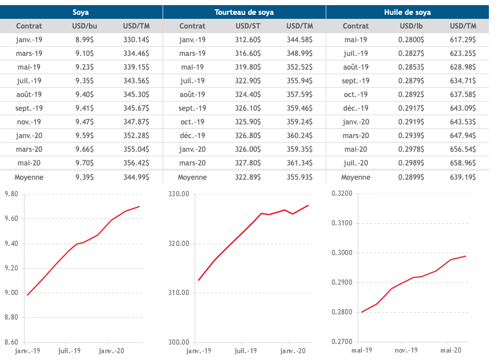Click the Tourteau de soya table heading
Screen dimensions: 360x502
point(244,12)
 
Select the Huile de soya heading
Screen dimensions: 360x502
point(407,12)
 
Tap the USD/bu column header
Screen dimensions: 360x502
point(84,26)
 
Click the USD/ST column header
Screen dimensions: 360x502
point(248,26)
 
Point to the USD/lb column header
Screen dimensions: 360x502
point(411,26)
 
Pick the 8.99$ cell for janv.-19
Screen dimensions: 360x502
point(84,39)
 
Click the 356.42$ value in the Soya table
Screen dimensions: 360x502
point(136,163)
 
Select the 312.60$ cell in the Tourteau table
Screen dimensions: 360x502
point(248,39)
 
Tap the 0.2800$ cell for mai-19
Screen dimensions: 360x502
point(411,39)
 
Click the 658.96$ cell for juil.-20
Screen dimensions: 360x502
point(463,163)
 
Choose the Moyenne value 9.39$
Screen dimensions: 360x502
point(84,177)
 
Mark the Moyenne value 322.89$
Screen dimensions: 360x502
point(248,177)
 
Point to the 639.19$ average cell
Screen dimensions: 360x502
point(463,177)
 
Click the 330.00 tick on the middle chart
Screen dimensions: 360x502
point(179,195)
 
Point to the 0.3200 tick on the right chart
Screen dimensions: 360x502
point(342,193)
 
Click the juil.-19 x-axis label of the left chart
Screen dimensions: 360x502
point(70,350)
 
